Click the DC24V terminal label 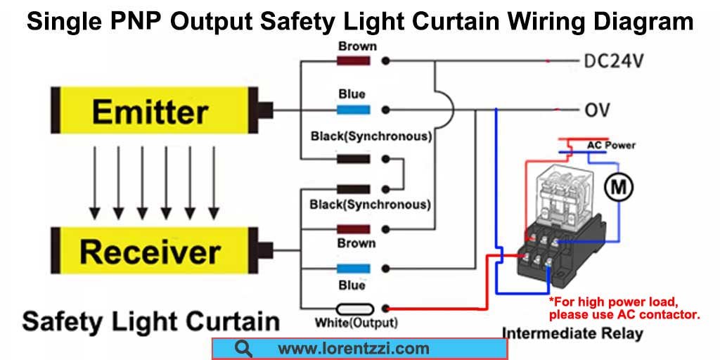pyautogui.click(x=613, y=60)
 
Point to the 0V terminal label pyautogui.click(x=597, y=110)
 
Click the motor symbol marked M pyautogui.click(x=618, y=187)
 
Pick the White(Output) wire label pyautogui.click(x=356, y=322)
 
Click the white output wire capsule pyautogui.click(x=354, y=309)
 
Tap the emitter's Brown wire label pyautogui.click(x=357, y=46)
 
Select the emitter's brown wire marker pyautogui.click(x=354, y=60)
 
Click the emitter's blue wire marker pyautogui.click(x=354, y=110)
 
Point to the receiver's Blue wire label pyautogui.click(x=352, y=285)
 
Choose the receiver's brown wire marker pyautogui.click(x=354, y=229)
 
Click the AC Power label pyautogui.click(x=611, y=145)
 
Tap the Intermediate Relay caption pyautogui.click(x=572, y=333)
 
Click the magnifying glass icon pyautogui.click(x=243, y=349)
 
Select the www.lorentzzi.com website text pyautogui.click(x=354, y=349)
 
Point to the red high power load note pyautogui.click(x=624, y=309)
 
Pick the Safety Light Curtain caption pyautogui.click(x=151, y=321)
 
